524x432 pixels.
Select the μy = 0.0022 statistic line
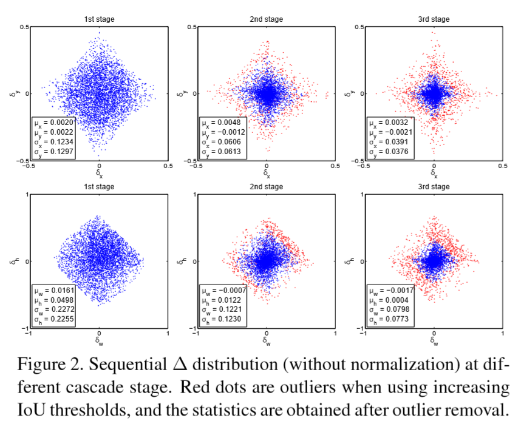(53, 132)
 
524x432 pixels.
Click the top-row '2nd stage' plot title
(267, 19)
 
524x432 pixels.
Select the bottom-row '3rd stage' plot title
(434, 187)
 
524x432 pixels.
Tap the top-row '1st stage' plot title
(99, 19)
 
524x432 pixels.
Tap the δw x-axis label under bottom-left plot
(99, 341)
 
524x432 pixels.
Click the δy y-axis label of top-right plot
(352, 93)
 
